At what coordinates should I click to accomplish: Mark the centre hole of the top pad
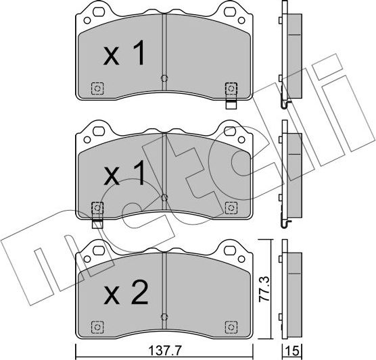point(164,78)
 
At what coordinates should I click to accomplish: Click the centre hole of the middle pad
point(164,197)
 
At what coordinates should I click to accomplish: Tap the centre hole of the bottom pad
point(164,316)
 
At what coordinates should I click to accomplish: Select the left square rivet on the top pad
point(97,88)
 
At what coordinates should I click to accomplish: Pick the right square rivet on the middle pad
point(231,207)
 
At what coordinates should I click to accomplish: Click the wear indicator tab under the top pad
point(231,103)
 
